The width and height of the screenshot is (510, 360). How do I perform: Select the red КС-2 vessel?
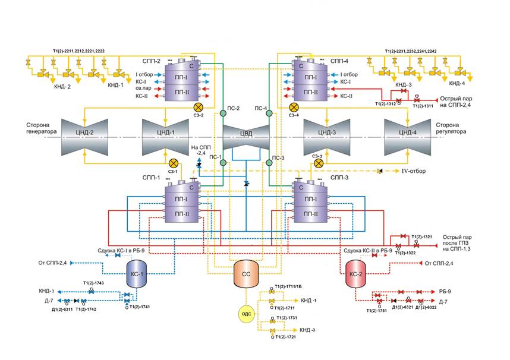(358, 274)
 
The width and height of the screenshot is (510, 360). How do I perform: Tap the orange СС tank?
(246, 274)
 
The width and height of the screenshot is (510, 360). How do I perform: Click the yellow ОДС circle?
(246, 314)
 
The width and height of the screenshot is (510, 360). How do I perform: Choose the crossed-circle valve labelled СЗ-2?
(199, 107)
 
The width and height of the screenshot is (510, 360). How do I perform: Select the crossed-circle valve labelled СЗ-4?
(293, 107)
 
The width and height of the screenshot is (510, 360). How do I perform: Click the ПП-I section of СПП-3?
(310, 199)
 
